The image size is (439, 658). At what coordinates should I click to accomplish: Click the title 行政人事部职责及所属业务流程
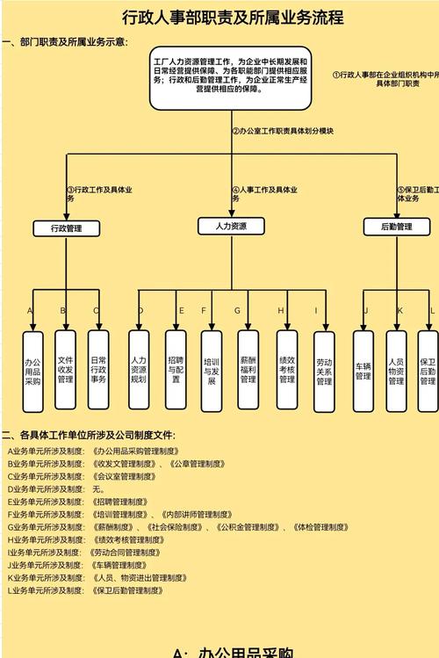pos(219,17)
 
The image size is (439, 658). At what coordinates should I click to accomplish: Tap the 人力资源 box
pos(231,227)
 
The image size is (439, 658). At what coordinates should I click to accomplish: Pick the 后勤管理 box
pos(396,227)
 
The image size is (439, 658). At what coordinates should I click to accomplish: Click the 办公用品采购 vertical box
pos(32,371)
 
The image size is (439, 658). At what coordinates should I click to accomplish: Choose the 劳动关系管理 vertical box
pos(324,372)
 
